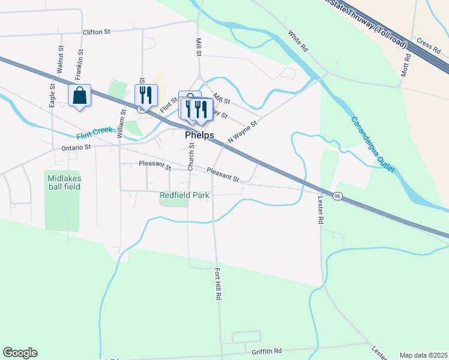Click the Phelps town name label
[x=199, y=136]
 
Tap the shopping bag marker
[x=79, y=96]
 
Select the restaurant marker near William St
[x=146, y=94]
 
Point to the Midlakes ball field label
[x=62, y=182]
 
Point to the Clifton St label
[x=97, y=32]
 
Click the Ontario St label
[x=76, y=146]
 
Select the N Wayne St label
[x=242, y=131]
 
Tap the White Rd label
[x=297, y=41]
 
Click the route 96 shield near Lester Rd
[x=338, y=196]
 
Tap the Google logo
[x=20, y=353]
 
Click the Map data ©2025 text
[x=423, y=355]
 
